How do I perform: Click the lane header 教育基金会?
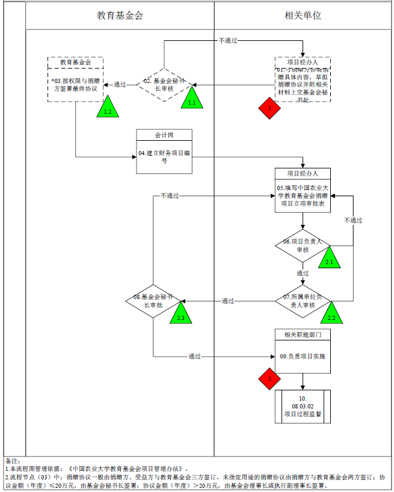(120, 15)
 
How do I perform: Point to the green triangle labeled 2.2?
(331, 313)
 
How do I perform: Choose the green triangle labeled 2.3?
(180, 313)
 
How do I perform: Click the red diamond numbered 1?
(270, 108)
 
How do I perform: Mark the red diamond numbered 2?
(270, 380)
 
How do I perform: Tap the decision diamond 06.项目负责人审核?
(303, 245)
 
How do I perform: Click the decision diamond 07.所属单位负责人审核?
(303, 301)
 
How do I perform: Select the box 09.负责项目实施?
(303, 357)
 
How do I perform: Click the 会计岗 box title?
(164, 135)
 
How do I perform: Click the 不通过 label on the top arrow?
(228, 40)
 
